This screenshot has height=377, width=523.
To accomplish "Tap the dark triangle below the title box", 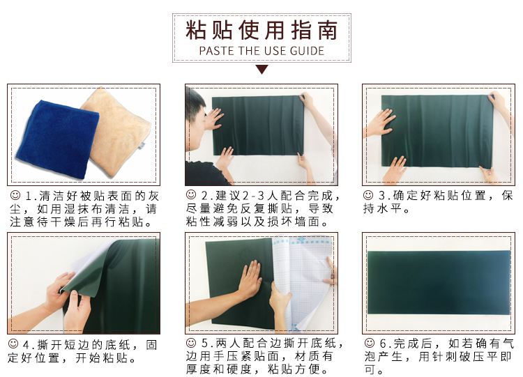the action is tap(261, 69).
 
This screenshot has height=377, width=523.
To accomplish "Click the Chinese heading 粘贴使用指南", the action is tap(261, 30).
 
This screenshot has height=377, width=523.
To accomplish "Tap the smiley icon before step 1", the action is tap(15, 195).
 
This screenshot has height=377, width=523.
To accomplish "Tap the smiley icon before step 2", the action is tap(191, 194).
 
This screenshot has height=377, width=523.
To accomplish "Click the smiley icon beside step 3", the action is tap(368, 195).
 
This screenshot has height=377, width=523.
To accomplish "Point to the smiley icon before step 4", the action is tap(13, 344).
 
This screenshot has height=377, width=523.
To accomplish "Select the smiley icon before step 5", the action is tap(191, 342).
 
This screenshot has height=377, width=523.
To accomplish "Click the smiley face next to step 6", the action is tap(369, 343).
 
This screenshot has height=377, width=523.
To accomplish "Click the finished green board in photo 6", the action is tap(439, 283).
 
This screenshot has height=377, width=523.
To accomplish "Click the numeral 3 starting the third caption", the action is tap(381, 196).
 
